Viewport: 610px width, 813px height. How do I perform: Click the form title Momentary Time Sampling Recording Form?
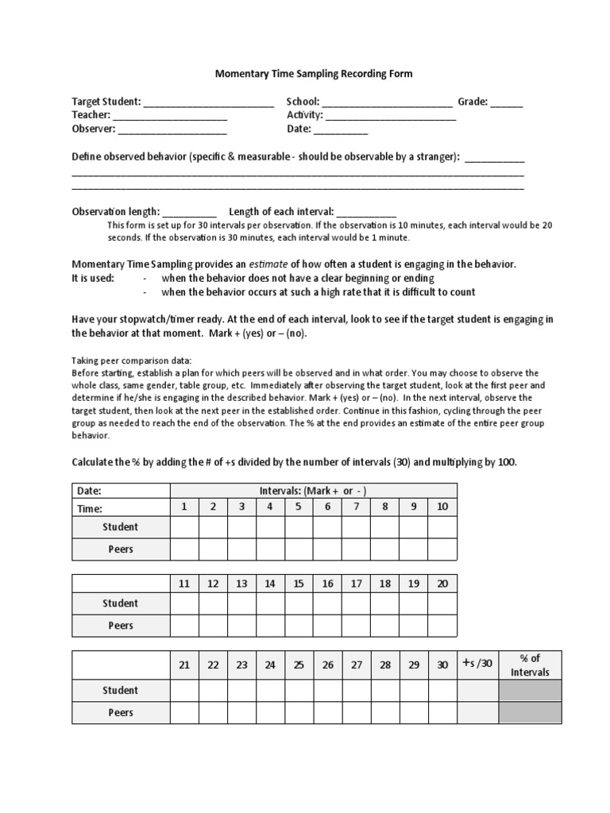point(314,74)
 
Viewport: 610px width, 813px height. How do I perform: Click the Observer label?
point(93,129)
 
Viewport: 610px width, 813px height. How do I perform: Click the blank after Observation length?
point(190,213)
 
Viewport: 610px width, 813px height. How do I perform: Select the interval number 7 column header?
point(357,507)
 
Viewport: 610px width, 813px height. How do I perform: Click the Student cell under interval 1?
point(184,527)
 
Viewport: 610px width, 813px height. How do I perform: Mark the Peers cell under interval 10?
point(442,549)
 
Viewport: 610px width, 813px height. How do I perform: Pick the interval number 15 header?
point(299,584)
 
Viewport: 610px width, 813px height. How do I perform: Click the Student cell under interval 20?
point(442,604)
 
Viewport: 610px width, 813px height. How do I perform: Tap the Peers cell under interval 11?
point(184,626)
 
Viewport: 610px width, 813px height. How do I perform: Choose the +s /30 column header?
point(477,665)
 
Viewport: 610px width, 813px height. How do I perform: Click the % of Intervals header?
point(530,665)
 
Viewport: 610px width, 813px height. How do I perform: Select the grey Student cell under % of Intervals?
point(530,691)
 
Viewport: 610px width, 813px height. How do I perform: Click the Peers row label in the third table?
point(120,713)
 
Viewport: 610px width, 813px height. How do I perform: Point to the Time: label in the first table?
point(89,509)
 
